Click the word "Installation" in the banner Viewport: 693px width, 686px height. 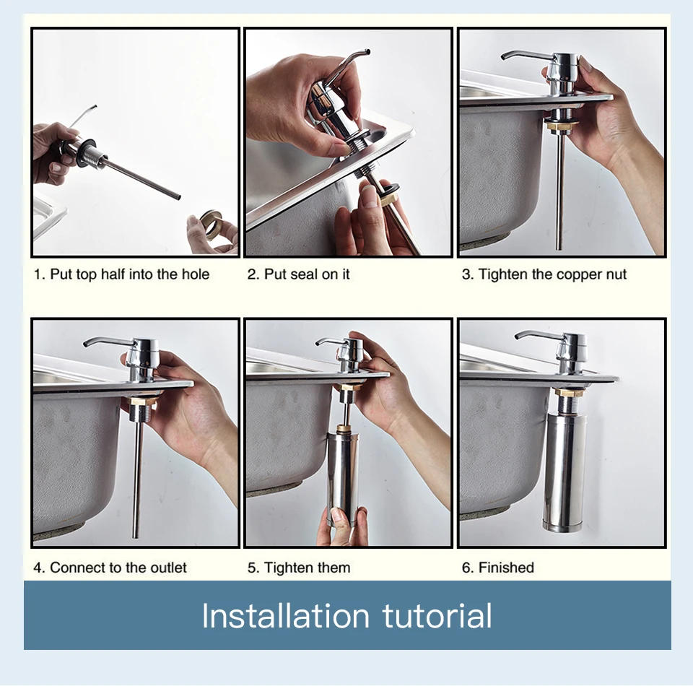pos(286,615)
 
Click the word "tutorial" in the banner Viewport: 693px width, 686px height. pos(437,615)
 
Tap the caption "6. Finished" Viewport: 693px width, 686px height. pos(498,568)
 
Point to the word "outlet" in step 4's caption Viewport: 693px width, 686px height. pos(168,568)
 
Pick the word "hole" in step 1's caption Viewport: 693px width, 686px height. pos(195,274)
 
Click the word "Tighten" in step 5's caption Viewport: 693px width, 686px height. pos(287,568)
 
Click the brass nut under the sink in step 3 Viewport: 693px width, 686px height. pos(562,126)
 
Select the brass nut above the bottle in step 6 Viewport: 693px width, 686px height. pos(570,391)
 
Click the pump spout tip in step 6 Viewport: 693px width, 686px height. pos(517,338)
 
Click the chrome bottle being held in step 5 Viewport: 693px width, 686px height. pos(344,479)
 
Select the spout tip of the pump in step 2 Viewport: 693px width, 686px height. pos(367,52)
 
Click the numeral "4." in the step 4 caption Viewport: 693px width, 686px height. pos(39,568)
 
